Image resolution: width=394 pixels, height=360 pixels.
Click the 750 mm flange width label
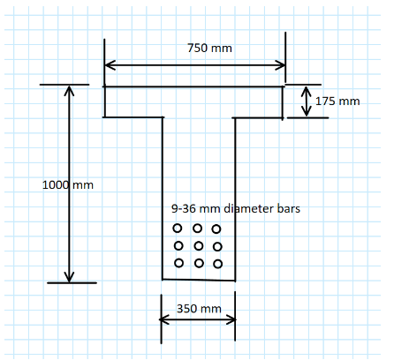click(x=209, y=48)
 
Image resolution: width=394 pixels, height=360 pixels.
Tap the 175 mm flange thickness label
click(x=337, y=101)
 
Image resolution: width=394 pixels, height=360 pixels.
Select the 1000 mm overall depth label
click(x=68, y=185)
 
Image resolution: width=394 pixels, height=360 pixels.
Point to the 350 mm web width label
click(x=199, y=309)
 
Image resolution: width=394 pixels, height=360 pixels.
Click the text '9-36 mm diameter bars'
click(x=236, y=208)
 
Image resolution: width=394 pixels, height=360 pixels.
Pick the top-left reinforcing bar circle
click(x=178, y=228)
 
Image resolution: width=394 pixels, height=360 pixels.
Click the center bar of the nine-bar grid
click(x=199, y=245)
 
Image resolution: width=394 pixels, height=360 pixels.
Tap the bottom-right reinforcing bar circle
click(x=218, y=264)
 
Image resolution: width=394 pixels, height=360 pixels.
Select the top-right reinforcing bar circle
click(x=216, y=229)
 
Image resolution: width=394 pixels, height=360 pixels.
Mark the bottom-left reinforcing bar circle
click(x=179, y=263)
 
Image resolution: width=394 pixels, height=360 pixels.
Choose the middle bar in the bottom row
click(x=199, y=263)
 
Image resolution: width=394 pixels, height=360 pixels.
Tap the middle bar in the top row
click(x=197, y=228)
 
